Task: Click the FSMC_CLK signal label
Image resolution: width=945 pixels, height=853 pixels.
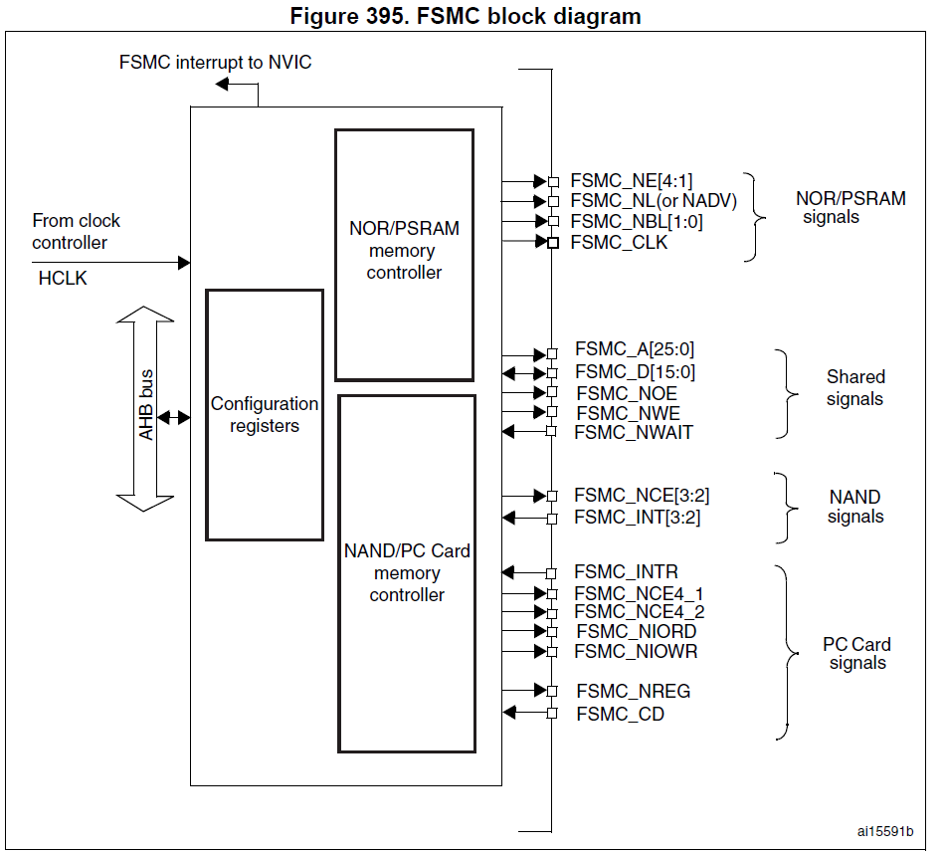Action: click(x=619, y=242)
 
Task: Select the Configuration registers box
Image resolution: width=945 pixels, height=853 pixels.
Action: click(x=265, y=414)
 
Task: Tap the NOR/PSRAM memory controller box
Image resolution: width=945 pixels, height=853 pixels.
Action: click(x=404, y=255)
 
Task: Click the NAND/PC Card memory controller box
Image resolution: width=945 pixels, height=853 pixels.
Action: click(x=407, y=573)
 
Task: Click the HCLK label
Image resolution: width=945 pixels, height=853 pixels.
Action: click(x=63, y=279)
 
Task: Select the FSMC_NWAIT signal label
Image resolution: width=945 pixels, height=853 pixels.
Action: click(x=634, y=432)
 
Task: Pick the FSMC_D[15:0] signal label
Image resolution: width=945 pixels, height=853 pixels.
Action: click(x=635, y=372)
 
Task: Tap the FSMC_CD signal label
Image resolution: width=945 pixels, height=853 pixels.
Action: click(x=620, y=714)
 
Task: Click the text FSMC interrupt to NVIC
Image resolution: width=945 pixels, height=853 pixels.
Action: click(x=215, y=63)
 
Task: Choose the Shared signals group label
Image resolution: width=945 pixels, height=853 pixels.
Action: click(x=854, y=388)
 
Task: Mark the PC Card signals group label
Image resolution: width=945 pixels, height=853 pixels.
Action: click(x=856, y=654)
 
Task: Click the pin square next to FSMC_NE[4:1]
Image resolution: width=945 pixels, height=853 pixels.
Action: click(x=553, y=181)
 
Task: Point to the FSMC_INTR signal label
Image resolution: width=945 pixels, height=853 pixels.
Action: click(x=626, y=572)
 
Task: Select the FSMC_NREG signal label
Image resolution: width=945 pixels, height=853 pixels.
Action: click(x=633, y=691)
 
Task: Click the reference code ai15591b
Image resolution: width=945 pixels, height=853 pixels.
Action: click(x=885, y=831)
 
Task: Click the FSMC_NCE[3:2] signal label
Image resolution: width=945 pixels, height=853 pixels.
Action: click(x=642, y=496)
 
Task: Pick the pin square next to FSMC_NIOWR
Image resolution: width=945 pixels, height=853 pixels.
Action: click(x=553, y=652)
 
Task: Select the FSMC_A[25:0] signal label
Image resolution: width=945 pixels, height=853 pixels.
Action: click(x=634, y=350)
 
